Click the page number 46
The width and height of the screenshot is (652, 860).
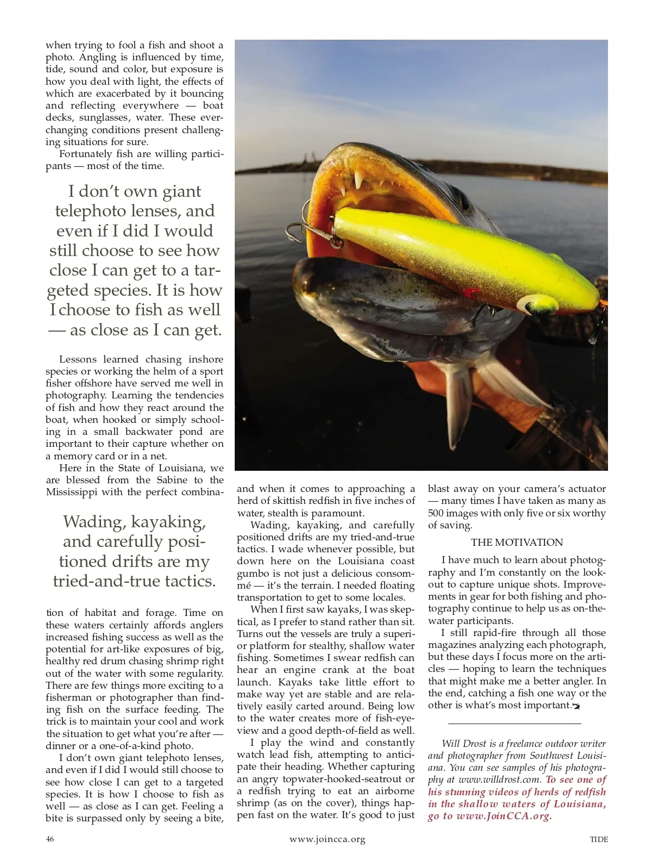(x=50, y=839)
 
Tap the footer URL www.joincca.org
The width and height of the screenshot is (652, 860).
(x=327, y=839)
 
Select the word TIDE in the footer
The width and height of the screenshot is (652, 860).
(x=599, y=839)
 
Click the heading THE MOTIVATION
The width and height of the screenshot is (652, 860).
(x=517, y=542)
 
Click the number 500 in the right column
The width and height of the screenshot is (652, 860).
(x=436, y=513)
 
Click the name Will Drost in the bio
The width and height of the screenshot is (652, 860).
(x=463, y=743)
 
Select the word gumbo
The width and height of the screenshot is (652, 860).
(x=253, y=573)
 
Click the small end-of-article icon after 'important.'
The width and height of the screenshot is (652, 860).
(x=576, y=706)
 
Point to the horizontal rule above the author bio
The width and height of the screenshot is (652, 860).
(x=515, y=724)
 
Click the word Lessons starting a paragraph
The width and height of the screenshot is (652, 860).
(x=78, y=359)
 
